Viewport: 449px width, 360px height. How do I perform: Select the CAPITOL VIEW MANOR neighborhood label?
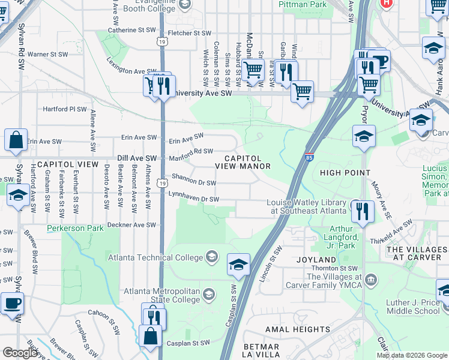tap(243, 161)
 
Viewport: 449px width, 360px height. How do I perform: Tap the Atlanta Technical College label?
tap(155, 258)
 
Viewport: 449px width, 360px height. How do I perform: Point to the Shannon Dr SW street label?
tap(193, 179)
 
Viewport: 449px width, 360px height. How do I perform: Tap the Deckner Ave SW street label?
tap(131, 226)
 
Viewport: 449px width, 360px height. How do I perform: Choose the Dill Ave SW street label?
tap(137, 158)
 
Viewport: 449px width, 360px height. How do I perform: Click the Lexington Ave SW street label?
tap(127, 66)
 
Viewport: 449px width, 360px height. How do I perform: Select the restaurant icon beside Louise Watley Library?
tap(362, 212)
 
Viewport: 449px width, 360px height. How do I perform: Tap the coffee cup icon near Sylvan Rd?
tap(12, 304)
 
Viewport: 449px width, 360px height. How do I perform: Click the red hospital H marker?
tap(387, 3)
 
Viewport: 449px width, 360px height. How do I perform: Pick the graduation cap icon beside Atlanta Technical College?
tap(238, 265)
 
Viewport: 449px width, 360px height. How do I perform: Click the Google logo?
tap(20, 353)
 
